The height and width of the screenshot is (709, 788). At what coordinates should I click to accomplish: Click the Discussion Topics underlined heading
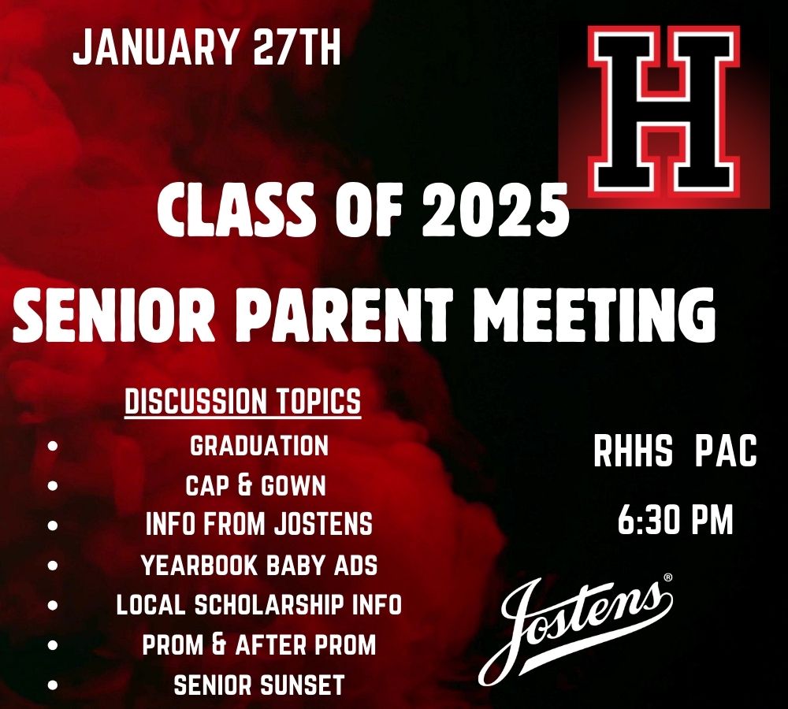[x=243, y=402]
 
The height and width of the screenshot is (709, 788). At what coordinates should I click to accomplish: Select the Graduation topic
[x=259, y=446]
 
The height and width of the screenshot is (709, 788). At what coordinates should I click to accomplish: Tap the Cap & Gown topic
[x=255, y=486]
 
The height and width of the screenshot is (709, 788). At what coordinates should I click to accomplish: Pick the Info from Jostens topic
[x=259, y=525]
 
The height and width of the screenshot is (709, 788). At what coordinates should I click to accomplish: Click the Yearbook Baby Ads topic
[x=259, y=566]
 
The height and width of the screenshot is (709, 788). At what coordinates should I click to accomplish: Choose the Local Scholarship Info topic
[x=259, y=605]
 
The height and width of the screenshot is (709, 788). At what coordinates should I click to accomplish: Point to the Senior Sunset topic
[x=259, y=685]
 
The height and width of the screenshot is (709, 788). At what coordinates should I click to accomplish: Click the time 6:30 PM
[x=675, y=522]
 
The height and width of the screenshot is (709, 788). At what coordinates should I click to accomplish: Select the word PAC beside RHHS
[x=726, y=454]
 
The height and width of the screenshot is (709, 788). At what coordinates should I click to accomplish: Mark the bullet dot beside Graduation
[x=54, y=446]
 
